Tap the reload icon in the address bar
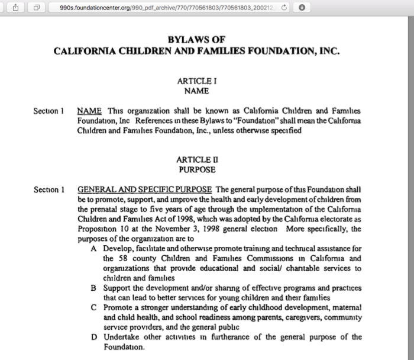(x=285, y=8)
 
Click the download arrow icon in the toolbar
(x=302, y=8)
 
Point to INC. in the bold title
(x=329, y=51)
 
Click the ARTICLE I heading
(x=197, y=81)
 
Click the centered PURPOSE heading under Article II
(x=197, y=170)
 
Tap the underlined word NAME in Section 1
(x=89, y=111)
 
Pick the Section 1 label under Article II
(x=49, y=189)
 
